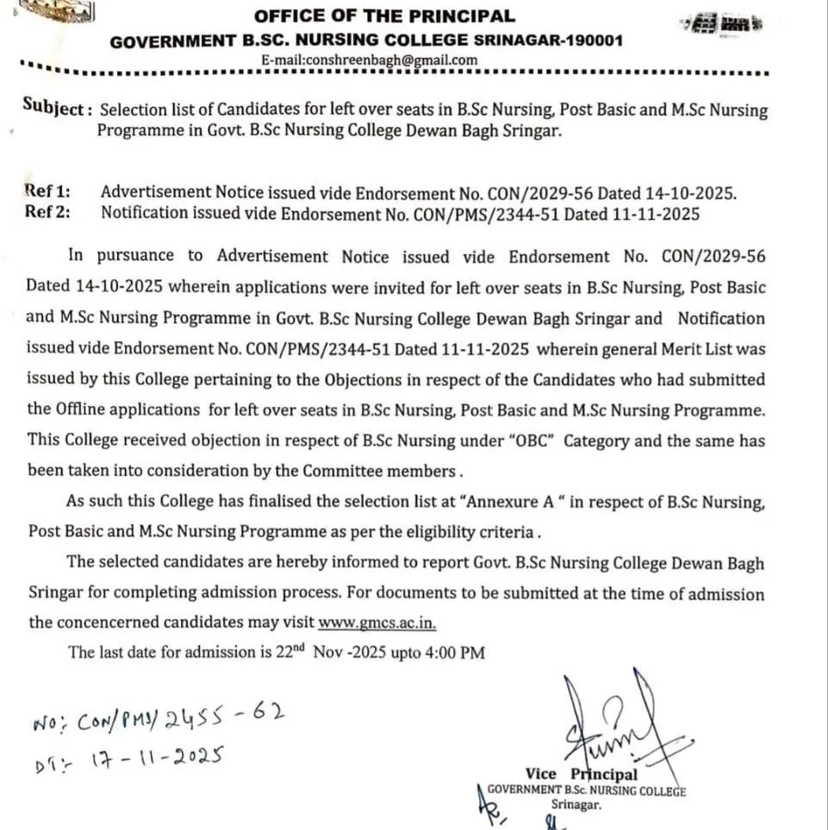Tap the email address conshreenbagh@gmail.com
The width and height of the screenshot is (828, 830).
click(370, 60)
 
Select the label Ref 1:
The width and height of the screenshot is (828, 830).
click(48, 192)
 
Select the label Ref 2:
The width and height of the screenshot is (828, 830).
click(48, 213)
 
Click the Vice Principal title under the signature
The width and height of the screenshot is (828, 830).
click(582, 774)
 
